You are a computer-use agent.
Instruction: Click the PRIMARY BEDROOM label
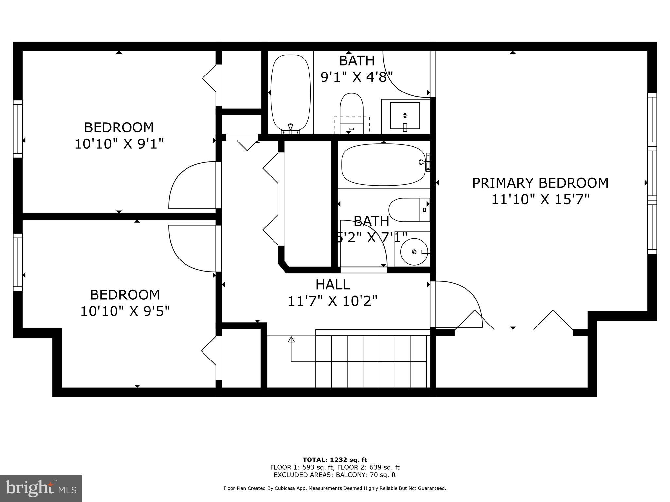point(540,183)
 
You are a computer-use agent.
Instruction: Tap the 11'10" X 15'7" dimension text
point(540,199)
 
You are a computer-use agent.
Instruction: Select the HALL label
point(332,285)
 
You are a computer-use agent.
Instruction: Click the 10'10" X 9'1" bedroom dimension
point(119,144)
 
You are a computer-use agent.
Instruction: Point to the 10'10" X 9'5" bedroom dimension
point(125,311)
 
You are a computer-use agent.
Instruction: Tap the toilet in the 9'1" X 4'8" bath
point(352,113)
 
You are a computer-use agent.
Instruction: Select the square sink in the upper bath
point(405,116)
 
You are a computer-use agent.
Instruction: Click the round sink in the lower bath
point(414,252)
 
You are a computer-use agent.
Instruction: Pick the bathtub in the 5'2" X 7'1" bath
point(383,165)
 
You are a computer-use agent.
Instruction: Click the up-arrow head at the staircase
point(291,339)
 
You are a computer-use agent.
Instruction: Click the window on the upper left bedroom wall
point(18,129)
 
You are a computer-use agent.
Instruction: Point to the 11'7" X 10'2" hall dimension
point(332,301)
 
